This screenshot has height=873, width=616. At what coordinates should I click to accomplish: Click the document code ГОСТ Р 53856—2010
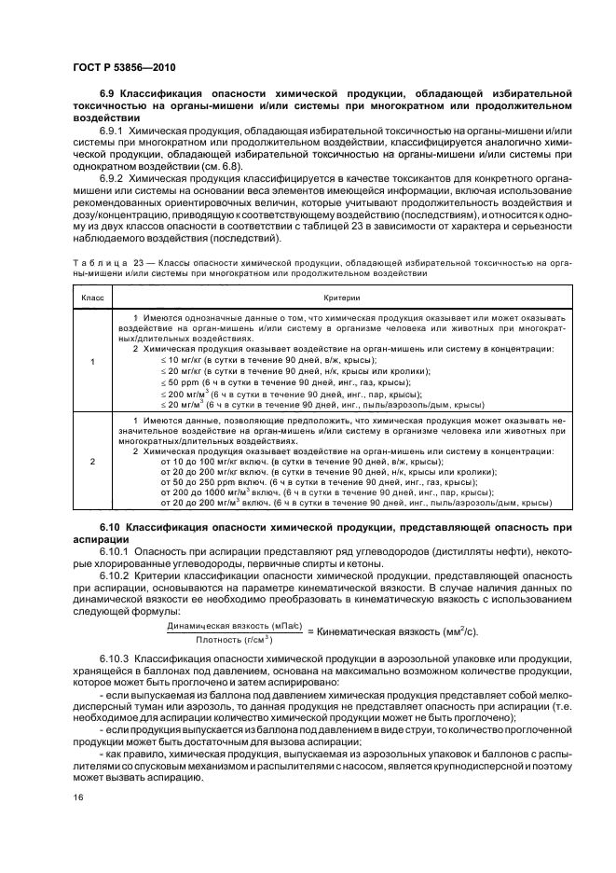(x=124, y=68)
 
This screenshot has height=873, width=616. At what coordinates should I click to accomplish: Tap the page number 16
(x=79, y=798)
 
